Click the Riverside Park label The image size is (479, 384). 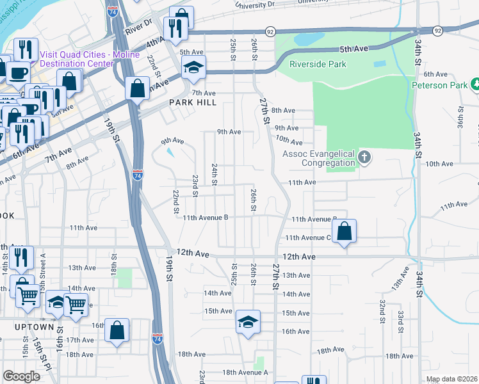pos(318,64)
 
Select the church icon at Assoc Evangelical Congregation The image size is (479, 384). pos(364,157)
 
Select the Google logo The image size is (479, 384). pos(21,376)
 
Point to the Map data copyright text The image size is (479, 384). pos(451,379)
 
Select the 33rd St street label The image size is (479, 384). pos(400,318)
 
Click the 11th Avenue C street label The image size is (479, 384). pos(307,237)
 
